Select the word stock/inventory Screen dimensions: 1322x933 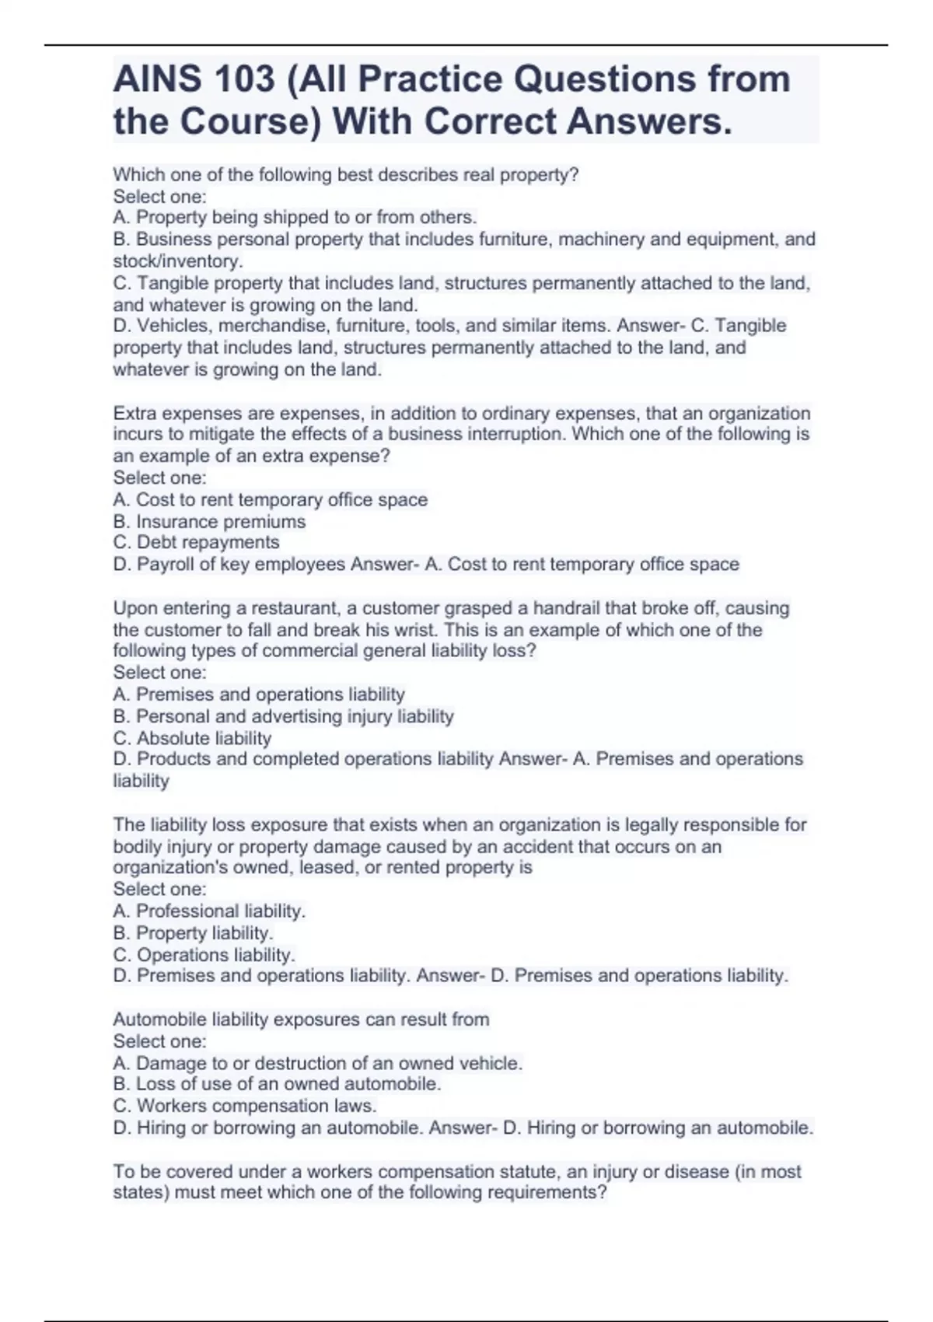177,261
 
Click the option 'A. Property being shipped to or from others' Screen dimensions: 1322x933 295,217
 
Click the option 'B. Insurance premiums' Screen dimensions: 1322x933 209,521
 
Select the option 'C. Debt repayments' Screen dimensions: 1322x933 196,542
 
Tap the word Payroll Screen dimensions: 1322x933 166,564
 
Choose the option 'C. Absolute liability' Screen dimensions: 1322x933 192,738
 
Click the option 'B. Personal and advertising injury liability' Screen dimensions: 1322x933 283,716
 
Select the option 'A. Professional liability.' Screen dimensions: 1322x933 209,911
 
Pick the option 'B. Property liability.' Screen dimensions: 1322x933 193,932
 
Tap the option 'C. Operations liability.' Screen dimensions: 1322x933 204,954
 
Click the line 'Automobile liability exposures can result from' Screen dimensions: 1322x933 301,1019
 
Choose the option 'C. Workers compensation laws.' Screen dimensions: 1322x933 245,1106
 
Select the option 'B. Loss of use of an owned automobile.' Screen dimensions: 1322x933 277,1084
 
